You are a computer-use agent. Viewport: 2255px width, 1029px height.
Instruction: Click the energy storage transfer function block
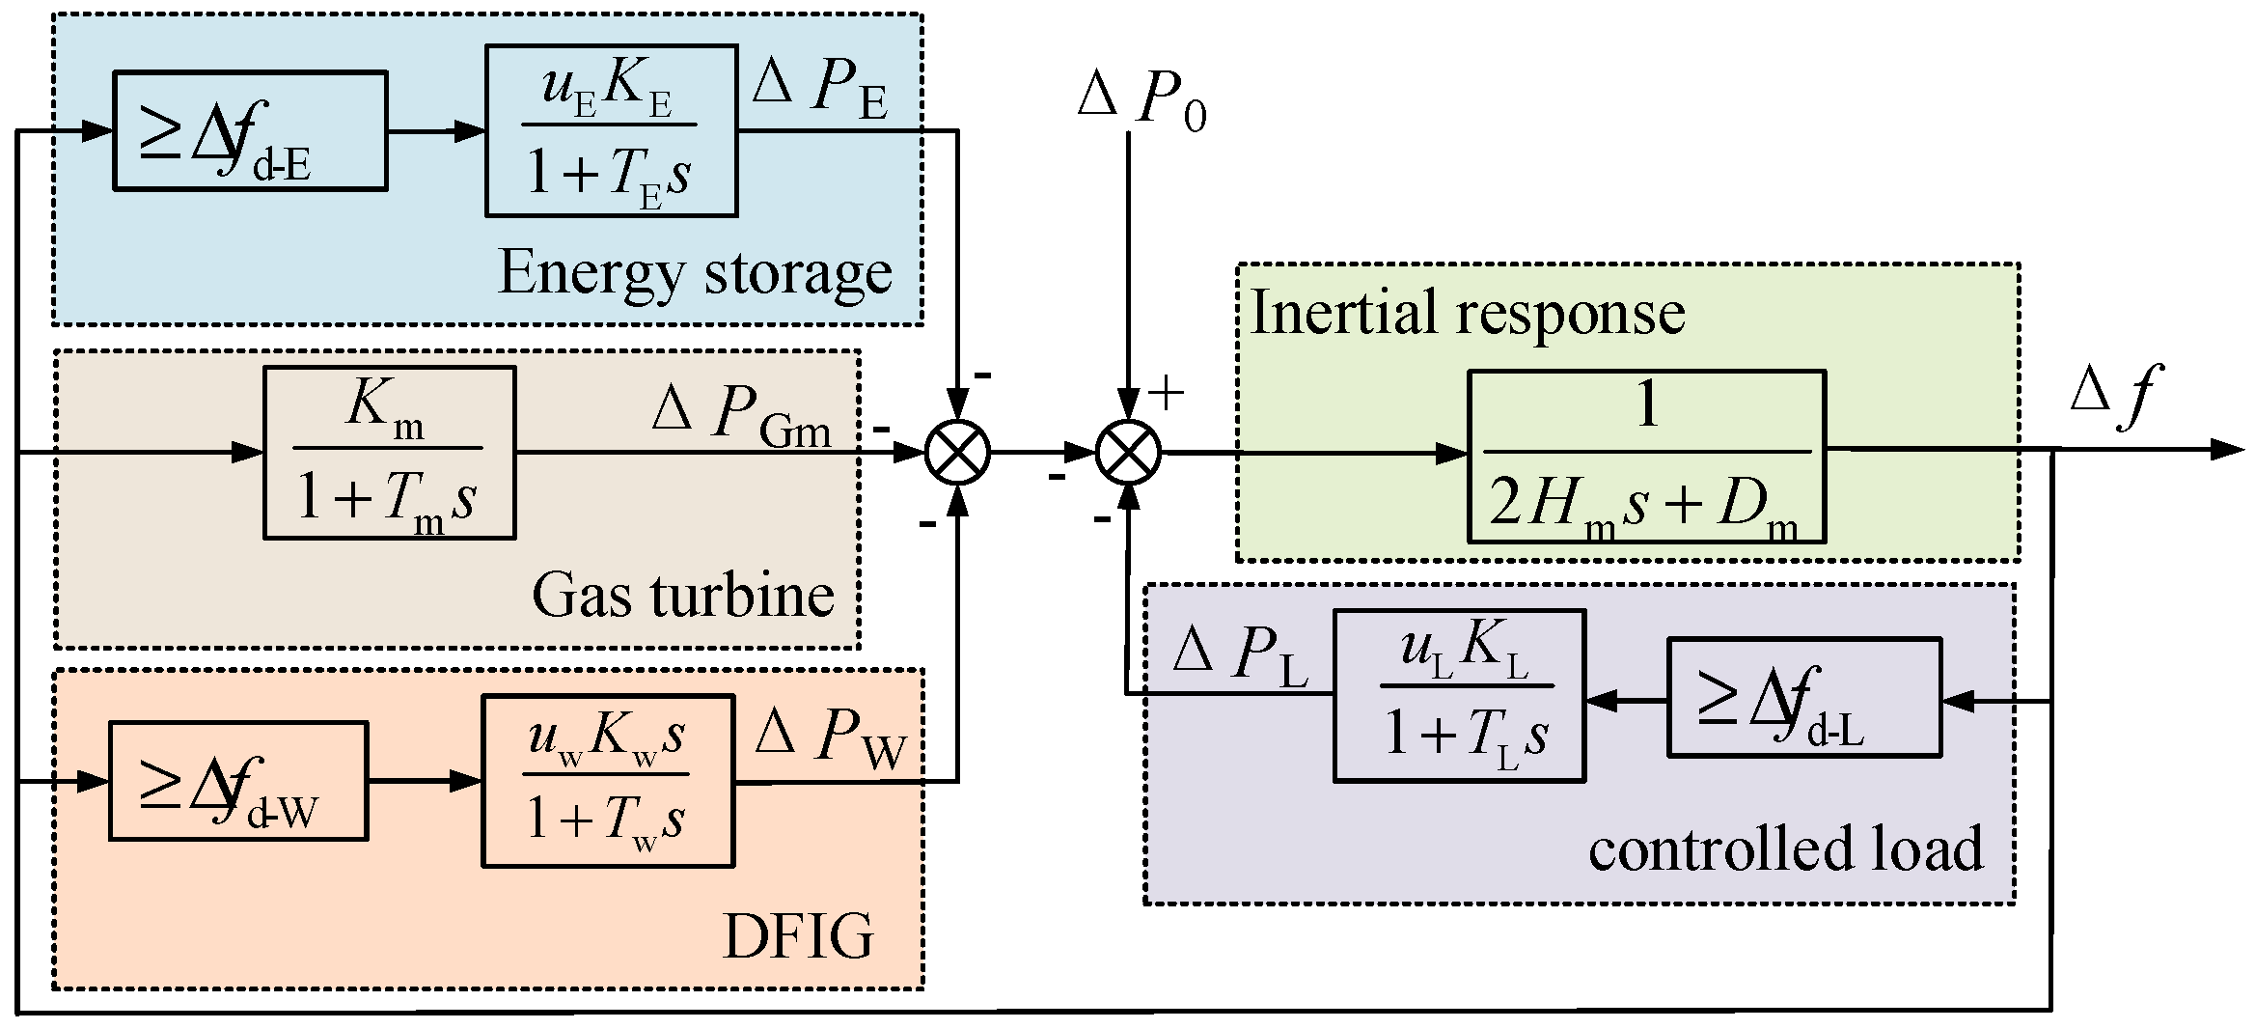pyautogui.click(x=611, y=130)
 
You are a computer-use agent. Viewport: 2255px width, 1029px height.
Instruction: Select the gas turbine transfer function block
pyautogui.click(x=389, y=452)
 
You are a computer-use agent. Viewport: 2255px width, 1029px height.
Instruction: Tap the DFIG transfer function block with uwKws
pyautogui.click(x=607, y=780)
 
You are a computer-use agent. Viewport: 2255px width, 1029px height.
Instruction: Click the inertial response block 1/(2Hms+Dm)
pyautogui.click(x=1646, y=456)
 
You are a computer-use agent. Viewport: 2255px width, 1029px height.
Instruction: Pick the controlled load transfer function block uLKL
pyautogui.click(x=1459, y=695)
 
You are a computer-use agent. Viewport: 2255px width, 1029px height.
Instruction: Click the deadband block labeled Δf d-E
pyautogui.click(x=250, y=130)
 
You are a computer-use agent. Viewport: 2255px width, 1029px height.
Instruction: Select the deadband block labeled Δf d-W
pyautogui.click(x=237, y=780)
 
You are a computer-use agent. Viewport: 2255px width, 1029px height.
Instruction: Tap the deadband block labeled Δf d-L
pyautogui.click(x=1803, y=696)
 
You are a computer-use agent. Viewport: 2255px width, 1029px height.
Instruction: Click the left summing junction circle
pyautogui.click(x=957, y=452)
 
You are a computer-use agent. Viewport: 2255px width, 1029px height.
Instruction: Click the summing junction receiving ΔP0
pyautogui.click(x=1128, y=452)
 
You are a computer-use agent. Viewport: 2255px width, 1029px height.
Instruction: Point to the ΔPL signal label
pyautogui.click(x=1240, y=656)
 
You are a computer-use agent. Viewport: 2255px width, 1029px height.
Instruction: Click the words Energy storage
pyautogui.click(x=695, y=272)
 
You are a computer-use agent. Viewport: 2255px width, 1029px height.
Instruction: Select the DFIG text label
pyautogui.click(x=798, y=935)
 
